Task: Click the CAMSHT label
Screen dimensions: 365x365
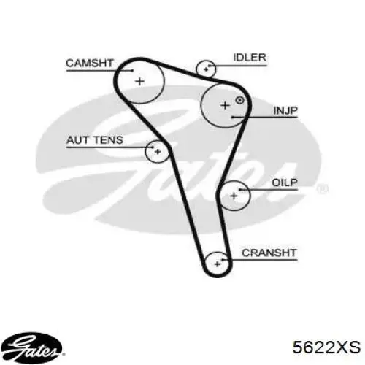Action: pos(90,64)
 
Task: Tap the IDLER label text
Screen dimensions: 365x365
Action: pos(250,58)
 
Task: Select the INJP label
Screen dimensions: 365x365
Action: pos(285,111)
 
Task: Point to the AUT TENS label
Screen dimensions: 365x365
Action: pos(95,140)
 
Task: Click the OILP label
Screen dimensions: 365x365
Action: pos(285,182)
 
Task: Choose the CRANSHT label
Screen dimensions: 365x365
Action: pos(269,253)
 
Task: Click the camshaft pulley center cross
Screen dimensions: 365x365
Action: pos(139,81)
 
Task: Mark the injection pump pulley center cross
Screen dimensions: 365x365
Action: pos(225,105)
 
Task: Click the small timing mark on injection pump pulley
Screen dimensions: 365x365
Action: pos(239,100)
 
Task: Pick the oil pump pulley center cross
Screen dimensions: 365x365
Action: pos(234,196)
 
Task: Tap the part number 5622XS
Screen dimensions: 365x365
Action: pos(326,347)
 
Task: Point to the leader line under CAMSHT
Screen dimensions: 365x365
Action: pos(100,71)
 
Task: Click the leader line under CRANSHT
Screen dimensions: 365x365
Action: pos(260,260)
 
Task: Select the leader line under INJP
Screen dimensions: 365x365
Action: pos(265,118)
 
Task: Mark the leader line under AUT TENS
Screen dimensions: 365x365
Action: pos(109,147)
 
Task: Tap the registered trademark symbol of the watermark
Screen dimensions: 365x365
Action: pos(323,189)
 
